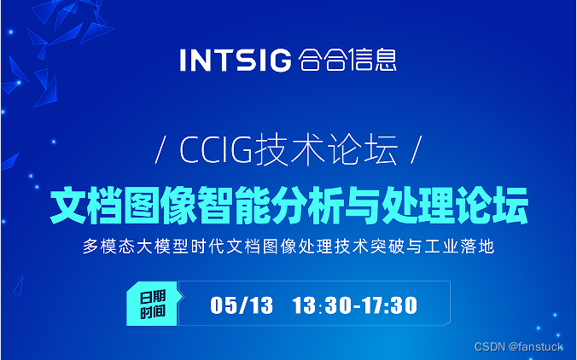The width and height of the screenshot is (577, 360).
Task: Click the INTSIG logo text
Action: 236,61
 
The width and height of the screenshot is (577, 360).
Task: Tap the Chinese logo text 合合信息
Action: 348,61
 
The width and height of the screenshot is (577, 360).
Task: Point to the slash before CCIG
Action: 163,152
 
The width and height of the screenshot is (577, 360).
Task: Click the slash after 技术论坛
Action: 417,152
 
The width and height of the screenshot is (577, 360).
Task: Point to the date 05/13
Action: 242,305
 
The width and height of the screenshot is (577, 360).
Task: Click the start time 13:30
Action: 321,305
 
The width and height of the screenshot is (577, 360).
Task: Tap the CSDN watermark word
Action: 490,346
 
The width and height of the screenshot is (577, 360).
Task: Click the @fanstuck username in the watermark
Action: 536,346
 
